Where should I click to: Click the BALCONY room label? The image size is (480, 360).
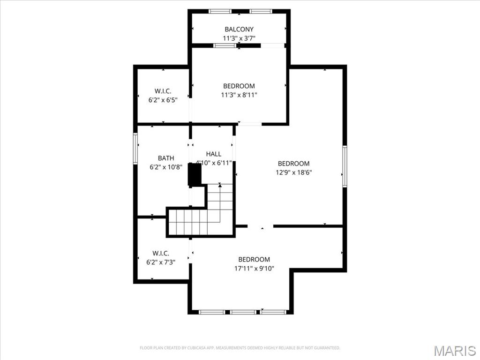click(x=239, y=30)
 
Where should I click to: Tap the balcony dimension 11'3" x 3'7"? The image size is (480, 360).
click(x=239, y=38)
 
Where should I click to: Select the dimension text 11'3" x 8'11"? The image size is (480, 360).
click(x=239, y=95)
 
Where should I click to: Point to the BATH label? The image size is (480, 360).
click(x=166, y=158)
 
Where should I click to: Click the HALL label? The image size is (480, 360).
click(x=214, y=154)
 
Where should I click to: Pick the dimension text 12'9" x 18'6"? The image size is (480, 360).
click(x=294, y=172)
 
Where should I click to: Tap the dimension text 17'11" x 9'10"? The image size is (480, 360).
click(x=255, y=269)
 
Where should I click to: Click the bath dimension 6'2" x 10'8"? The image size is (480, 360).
click(x=166, y=167)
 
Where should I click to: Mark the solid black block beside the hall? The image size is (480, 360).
click(x=195, y=174)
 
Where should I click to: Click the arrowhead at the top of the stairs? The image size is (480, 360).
click(x=220, y=185)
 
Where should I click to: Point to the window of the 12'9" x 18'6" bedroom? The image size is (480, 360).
click(x=345, y=166)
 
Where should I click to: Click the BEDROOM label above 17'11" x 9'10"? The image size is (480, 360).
click(x=255, y=260)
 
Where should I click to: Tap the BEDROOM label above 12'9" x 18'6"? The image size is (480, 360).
click(x=294, y=164)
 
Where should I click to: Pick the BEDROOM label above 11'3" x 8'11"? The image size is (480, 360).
click(x=239, y=86)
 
